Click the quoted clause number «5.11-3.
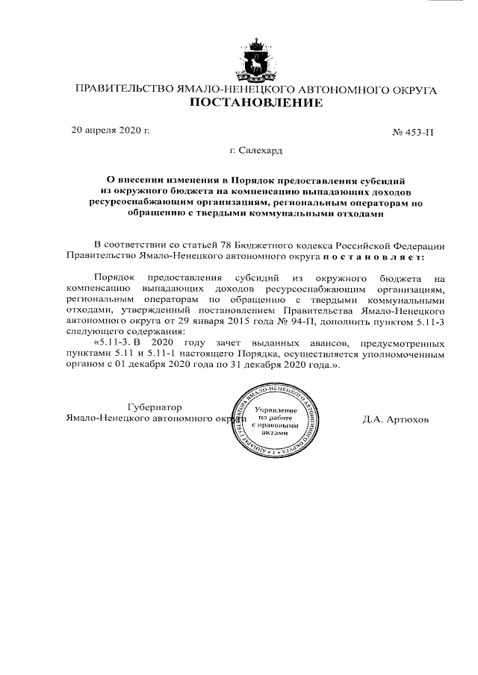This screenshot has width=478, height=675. coord(110,343)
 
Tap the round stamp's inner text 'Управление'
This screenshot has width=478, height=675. coord(276,411)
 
